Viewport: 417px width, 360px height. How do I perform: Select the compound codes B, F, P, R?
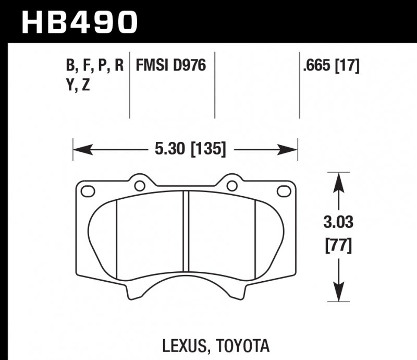pyautogui.click(x=94, y=66)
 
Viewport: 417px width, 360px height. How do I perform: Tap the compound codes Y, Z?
pyautogui.click(x=78, y=85)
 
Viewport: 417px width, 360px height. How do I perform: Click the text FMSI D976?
pyautogui.click(x=171, y=66)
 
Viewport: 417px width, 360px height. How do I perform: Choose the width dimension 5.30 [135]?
pyautogui.click(x=190, y=150)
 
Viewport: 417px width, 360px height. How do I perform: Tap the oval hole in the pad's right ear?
pyautogui.click(x=284, y=191)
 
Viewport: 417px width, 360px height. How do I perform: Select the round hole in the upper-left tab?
pyautogui.click(x=140, y=185)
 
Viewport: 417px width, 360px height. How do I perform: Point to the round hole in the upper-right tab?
pyautogui.click(x=231, y=185)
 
